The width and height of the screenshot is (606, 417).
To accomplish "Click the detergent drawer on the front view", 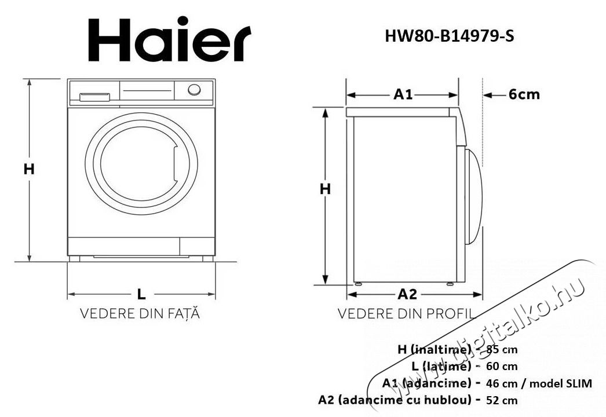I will (x=94, y=96).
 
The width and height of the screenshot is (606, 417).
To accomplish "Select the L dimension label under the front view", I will (x=141, y=294).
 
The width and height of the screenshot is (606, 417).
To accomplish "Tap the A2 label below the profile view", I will (x=407, y=294).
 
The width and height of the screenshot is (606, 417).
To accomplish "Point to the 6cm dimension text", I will (x=524, y=94).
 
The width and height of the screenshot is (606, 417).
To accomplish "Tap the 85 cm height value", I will (x=502, y=349).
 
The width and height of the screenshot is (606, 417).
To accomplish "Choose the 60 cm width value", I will (x=502, y=366).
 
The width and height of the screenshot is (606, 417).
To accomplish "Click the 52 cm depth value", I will (x=502, y=400).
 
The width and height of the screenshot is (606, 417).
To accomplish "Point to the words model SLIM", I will (x=560, y=383).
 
